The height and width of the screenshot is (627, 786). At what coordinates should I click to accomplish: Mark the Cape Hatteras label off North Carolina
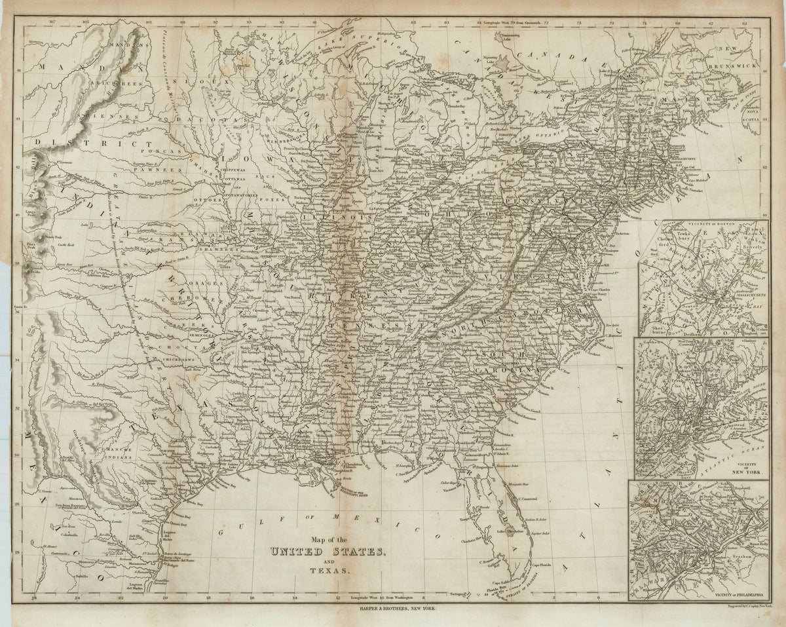614,335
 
